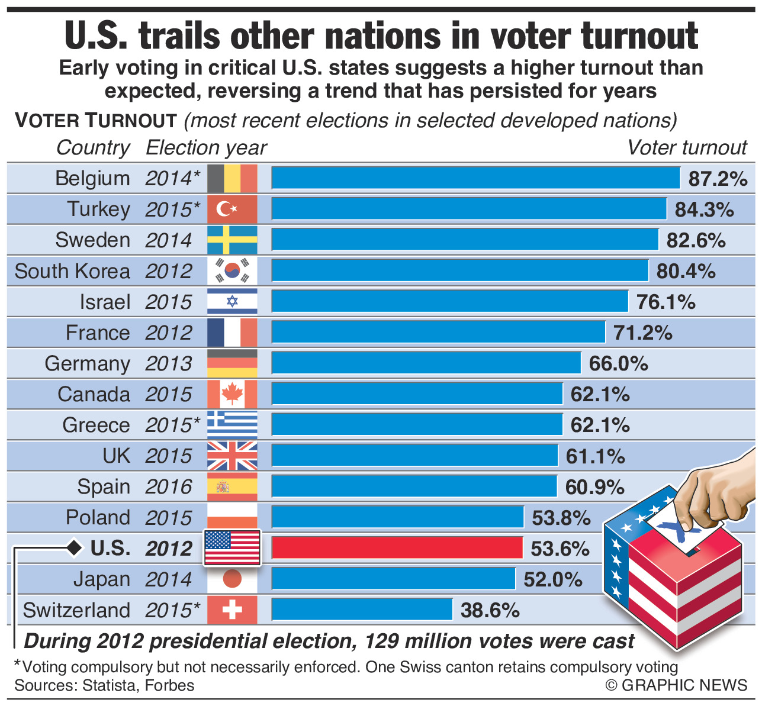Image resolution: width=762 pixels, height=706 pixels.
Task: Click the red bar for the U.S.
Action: coord(397,548)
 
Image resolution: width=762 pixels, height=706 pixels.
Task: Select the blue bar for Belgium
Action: coord(475,178)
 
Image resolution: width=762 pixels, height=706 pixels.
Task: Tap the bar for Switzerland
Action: coord(362,610)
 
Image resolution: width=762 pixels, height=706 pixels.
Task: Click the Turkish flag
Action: coord(232,209)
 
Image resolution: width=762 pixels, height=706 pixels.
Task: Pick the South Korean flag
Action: coord(232,270)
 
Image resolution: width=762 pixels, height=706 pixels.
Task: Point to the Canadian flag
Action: coord(232,394)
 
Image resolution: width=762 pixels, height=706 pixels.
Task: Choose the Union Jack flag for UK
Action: coord(232,456)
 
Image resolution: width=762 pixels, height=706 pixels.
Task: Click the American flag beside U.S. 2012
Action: coord(232,548)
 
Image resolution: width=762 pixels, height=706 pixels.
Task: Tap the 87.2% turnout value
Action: coord(718,179)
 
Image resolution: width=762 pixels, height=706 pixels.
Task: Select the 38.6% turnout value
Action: coord(490,610)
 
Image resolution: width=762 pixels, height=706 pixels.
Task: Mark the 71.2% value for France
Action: coord(642,333)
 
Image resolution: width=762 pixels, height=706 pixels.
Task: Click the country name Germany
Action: coord(87,363)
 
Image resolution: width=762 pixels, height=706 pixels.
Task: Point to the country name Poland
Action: coord(98,517)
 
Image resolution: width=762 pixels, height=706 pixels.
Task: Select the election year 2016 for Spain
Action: coord(169,487)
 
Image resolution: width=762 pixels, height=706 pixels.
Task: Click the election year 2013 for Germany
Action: coord(169,363)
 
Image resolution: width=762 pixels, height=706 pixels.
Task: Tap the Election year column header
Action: coord(206,147)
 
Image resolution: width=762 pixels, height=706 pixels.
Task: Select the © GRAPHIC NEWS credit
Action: coord(676,685)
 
